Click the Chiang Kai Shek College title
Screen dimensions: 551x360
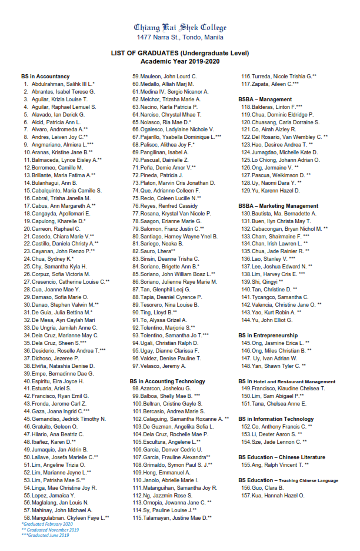click(x=180, y=28)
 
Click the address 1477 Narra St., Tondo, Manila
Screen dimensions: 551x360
click(x=180, y=37)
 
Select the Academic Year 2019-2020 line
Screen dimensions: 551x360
click(x=180, y=61)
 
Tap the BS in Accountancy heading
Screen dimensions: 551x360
click(x=45, y=77)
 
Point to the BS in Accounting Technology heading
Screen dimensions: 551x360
click(x=168, y=381)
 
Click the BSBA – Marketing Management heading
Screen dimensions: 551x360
click(x=278, y=206)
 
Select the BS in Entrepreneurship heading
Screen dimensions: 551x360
click(x=268, y=335)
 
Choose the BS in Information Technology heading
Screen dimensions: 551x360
click(x=276, y=419)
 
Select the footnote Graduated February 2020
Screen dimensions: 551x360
click(x=47, y=524)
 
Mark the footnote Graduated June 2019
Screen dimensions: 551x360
click(x=45, y=535)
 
